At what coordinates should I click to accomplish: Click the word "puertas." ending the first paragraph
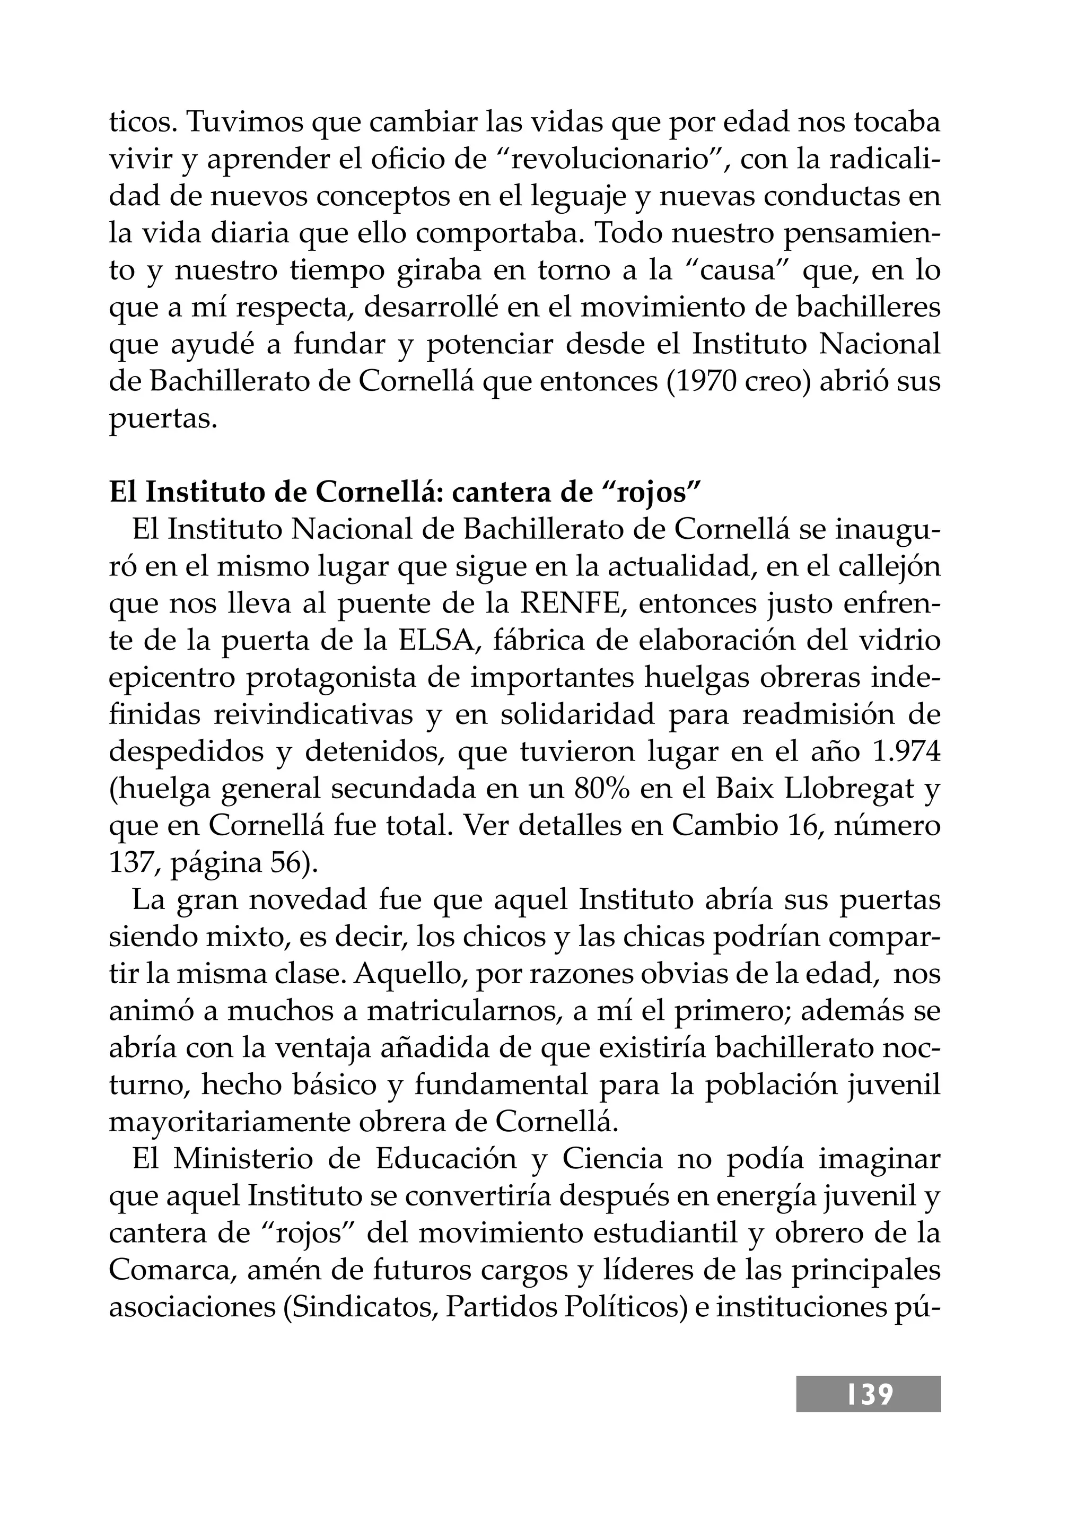pos(163,419)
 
